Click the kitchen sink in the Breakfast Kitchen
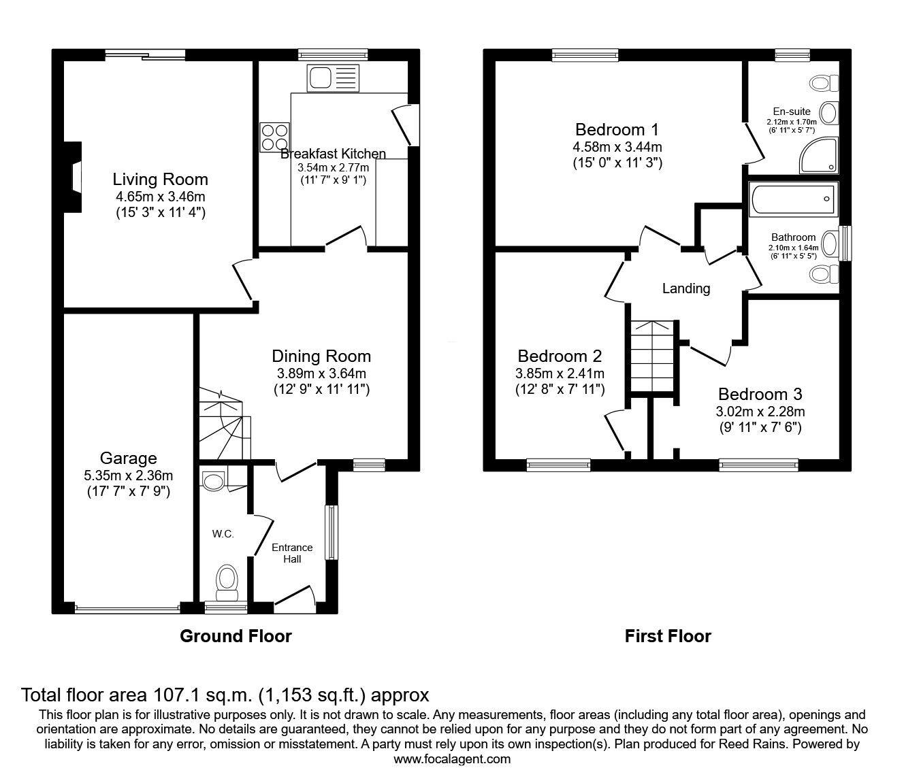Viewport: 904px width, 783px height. tap(333, 78)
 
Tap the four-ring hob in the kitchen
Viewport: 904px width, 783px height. tap(274, 137)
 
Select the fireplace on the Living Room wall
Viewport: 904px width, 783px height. tap(74, 177)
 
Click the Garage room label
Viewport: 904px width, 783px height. tap(128, 459)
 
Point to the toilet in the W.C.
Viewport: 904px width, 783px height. tap(227, 583)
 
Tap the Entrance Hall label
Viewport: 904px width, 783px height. tap(292, 553)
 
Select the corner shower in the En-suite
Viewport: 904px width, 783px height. tap(819, 155)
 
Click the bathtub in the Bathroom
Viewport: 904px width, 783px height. tap(793, 199)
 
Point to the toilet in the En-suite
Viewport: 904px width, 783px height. tap(824, 83)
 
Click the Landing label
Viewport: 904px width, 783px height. tap(685, 288)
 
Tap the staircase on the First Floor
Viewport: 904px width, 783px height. tap(651, 356)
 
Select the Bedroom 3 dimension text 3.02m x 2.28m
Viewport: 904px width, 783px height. tap(760, 412)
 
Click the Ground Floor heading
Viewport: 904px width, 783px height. tap(236, 636)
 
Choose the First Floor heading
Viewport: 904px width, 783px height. tap(668, 636)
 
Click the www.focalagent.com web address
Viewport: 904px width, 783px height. tap(452, 771)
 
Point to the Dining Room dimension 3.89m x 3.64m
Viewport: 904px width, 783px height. tap(321, 373)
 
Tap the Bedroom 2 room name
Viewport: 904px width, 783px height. tap(560, 356)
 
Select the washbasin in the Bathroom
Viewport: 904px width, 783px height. tap(829, 243)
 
